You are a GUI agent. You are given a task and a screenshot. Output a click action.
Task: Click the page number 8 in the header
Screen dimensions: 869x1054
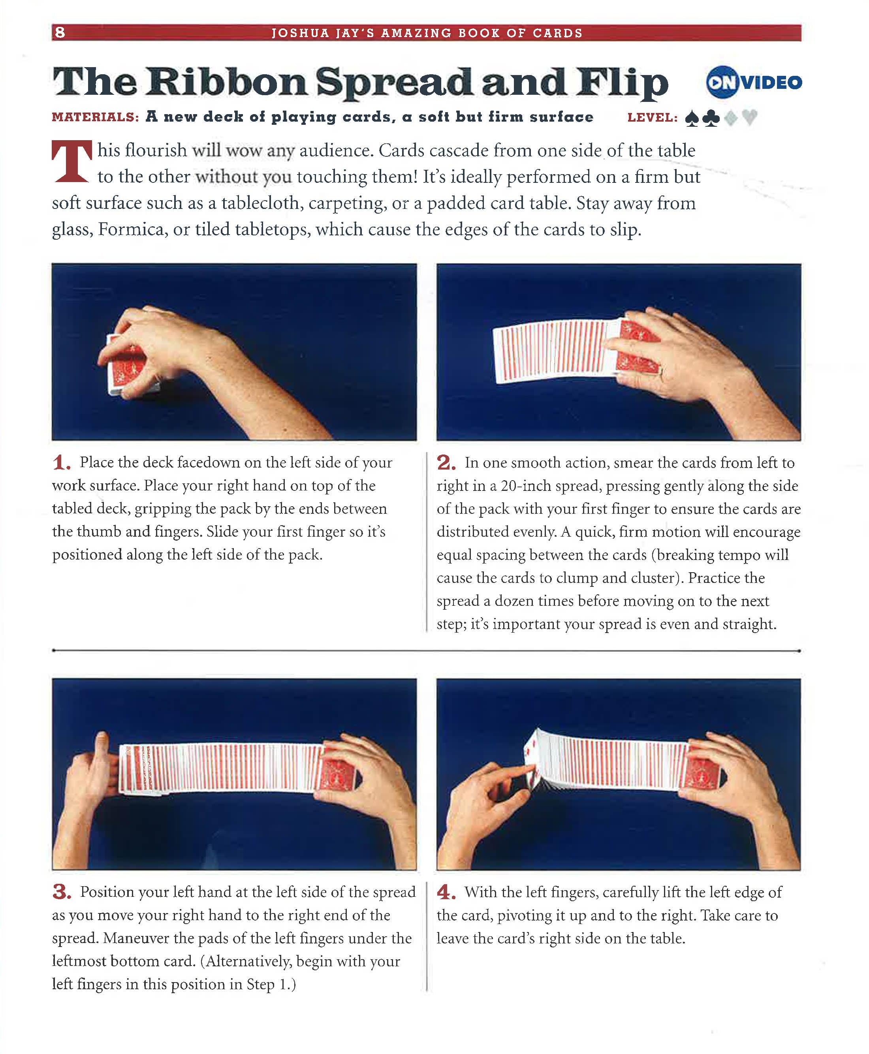click(60, 32)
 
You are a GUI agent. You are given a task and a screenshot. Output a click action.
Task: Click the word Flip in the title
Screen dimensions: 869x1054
click(622, 83)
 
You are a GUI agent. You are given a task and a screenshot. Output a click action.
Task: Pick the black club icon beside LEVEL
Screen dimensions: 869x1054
click(711, 118)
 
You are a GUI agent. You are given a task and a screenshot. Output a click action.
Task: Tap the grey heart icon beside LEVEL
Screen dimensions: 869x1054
click(749, 118)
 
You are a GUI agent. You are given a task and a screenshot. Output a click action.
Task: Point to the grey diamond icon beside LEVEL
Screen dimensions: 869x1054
click(731, 118)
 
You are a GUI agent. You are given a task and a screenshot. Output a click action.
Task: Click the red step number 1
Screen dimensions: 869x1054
click(62, 462)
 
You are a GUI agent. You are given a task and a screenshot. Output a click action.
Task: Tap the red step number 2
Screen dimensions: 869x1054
click(446, 462)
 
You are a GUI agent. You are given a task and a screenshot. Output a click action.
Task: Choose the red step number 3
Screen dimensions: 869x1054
click(62, 892)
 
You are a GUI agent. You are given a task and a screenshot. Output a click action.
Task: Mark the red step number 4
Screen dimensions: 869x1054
click(446, 892)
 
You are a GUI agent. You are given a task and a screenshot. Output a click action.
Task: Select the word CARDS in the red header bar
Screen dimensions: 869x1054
click(557, 33)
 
